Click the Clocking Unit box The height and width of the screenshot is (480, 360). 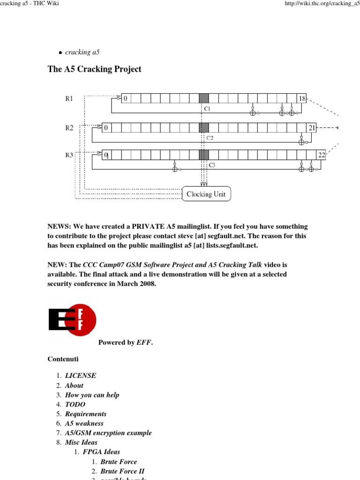click(x=206, y=194)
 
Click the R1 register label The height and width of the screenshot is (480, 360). click(x=69, y=99)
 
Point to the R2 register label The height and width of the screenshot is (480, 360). click(x=69, y=127)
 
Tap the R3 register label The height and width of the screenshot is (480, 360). click(x=69, y=155)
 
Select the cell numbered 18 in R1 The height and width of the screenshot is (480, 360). click(x=302, y=98)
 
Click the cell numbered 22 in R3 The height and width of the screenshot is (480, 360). click(x=321, y=155)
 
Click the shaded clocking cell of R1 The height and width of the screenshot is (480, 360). click(x=204, y=98)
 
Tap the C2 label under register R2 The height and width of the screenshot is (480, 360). click(x=210, y=138)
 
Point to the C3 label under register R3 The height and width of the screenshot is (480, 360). click(x=211, y=165)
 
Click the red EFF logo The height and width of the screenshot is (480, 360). click(x=72, y=320)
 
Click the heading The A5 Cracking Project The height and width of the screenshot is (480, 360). click(x=94, y=69)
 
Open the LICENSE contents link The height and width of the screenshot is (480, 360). click(x=81, y=376)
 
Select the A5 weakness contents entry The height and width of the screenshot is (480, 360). click(x=84, y=423)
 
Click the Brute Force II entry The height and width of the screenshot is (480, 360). click(x=126, y=471)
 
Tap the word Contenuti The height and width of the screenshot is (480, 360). click(x=63, y=359)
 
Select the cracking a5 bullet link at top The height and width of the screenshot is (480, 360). click(x=82, y=52)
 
